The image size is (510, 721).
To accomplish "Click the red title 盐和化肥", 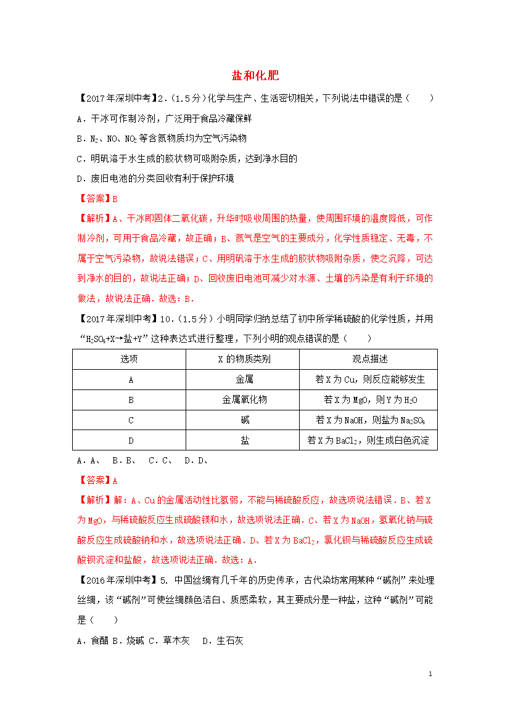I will (x=255, y=76).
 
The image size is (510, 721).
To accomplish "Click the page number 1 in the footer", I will (x=430, y=674).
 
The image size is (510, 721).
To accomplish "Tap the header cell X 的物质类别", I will (x=242, y=359).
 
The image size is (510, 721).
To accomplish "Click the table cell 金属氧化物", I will (x=242, y=399).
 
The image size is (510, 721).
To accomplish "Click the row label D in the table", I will (x=130, y=440).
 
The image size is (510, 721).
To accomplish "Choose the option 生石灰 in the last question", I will (x=229, y=641).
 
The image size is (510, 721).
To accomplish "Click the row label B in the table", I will (x=130, y=399).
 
